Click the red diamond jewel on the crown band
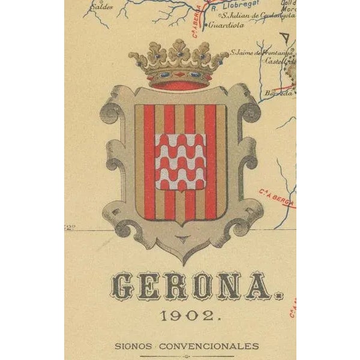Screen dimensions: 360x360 click(x=179, y=75)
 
